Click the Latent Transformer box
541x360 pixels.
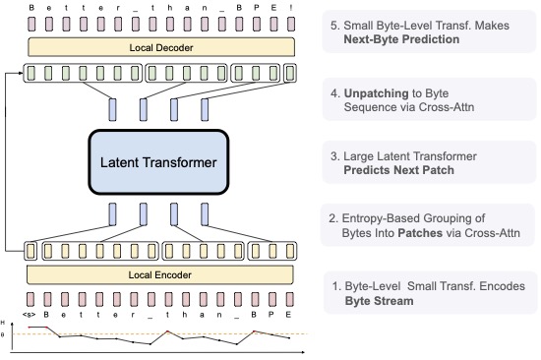160,159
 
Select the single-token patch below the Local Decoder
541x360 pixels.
289,73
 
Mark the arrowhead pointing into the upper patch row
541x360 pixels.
26,73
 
